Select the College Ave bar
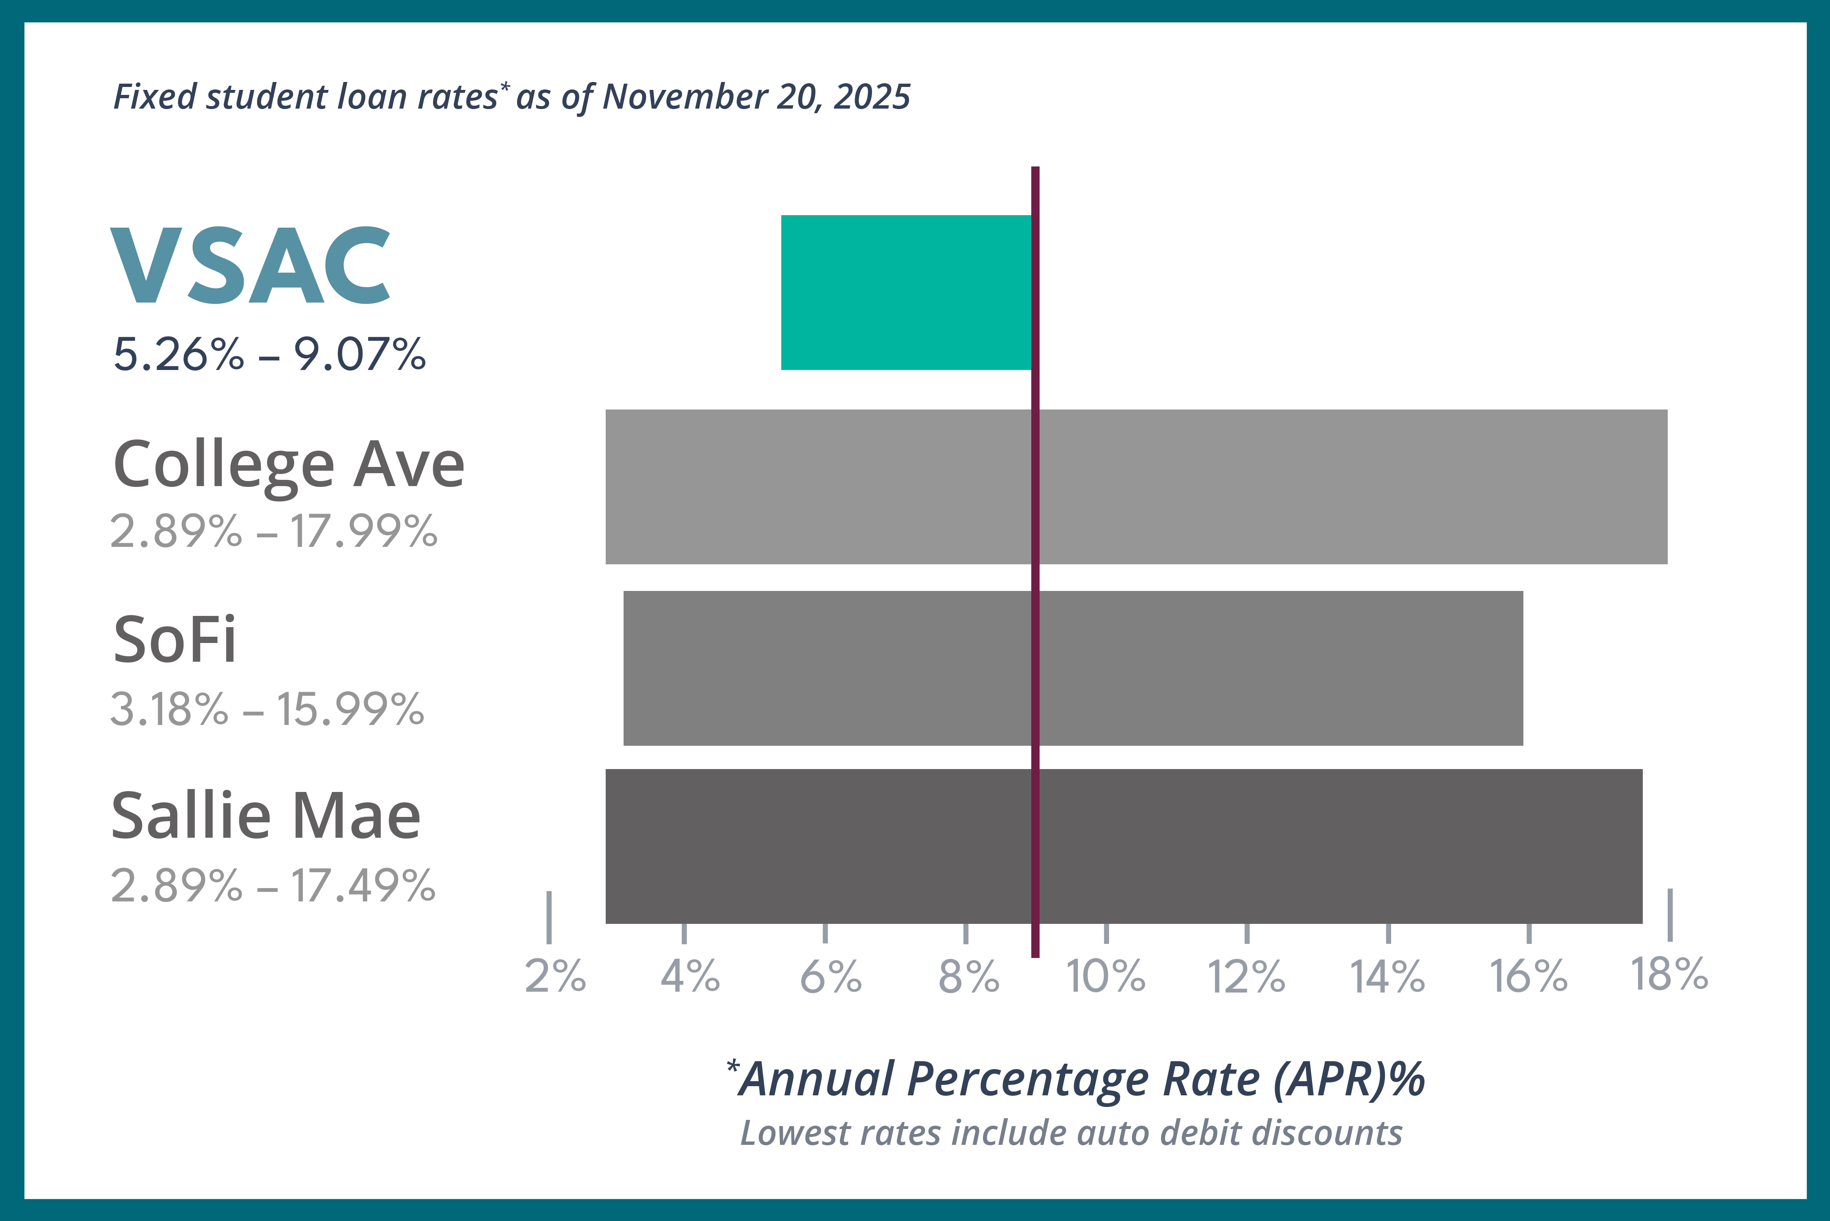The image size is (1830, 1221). tap(1137, 486)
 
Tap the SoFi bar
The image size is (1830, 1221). tap(1072, 668)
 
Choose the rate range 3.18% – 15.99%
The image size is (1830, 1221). tap(267, 710)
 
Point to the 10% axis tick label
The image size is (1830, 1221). tap(1105, 976)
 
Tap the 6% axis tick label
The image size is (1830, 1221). tap(830, 976)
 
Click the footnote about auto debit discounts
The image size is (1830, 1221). tap(1071, 1133)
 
